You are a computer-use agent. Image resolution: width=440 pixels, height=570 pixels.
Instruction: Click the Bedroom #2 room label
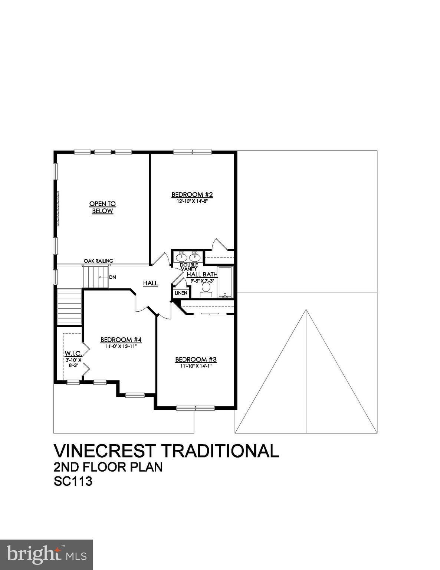[191, 194]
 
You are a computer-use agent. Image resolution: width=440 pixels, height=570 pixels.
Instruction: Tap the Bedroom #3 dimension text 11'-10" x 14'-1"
[196, 366]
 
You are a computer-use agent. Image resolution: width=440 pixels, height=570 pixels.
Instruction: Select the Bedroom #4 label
[121, 340]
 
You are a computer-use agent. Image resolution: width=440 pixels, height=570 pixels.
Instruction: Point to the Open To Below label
[102, 207]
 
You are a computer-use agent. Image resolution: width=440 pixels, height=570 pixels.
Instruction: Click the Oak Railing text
[98, 261]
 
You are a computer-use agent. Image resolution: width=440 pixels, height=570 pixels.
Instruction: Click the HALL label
[150, 283]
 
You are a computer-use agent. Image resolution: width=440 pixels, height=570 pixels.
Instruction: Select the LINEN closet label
[181, 293]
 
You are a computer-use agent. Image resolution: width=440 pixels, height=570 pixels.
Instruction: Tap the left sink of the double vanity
[182, 256]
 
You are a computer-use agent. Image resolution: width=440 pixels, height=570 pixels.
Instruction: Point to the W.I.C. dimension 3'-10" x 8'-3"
[73, 363]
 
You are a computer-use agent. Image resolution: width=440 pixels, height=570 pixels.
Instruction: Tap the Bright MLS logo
[46, 554]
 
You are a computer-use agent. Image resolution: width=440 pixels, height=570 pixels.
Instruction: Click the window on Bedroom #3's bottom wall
[195, 408]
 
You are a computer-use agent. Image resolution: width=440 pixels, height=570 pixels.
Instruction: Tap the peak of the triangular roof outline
[306, 310]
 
